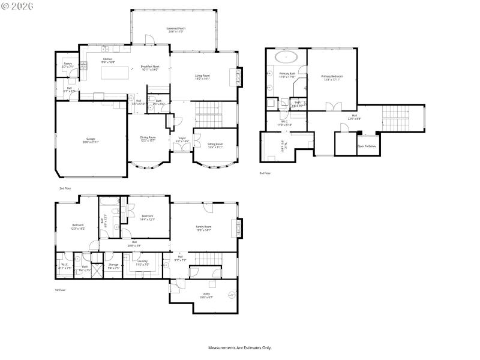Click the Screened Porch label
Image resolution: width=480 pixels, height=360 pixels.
tap(175, 29)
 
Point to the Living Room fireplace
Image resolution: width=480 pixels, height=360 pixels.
tap(239, 76)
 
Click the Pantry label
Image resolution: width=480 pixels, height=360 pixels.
tap(68, 65)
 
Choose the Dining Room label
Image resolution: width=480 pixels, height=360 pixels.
tap(148, 139)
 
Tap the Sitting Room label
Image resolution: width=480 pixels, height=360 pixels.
tap(215, 145)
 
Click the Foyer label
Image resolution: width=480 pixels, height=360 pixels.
tap(182, 139)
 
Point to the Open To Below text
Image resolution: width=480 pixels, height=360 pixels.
tap(367, 146)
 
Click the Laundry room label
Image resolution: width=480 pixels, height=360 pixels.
tap(143, 262)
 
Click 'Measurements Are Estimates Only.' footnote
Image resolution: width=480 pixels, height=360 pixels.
tap(240, 347)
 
